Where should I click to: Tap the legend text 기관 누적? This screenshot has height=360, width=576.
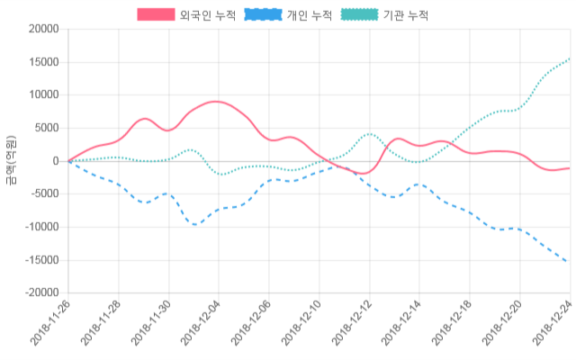[x=406, y=15]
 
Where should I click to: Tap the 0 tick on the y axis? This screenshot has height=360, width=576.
[x=55, y=161]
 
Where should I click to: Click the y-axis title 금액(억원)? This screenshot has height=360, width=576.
[x=11, y=161]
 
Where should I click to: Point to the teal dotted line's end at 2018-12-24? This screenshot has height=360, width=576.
[x=570, y=58]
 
